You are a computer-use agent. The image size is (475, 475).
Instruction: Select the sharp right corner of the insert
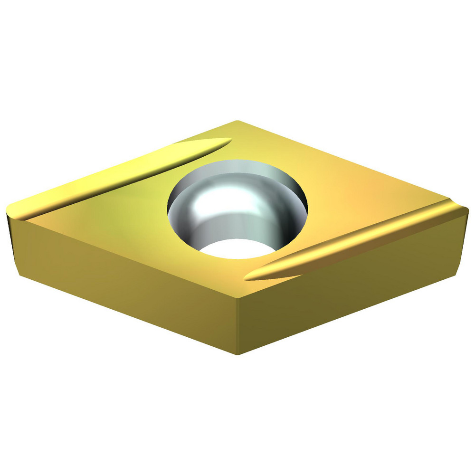pyautogui.click(x=467, y=209)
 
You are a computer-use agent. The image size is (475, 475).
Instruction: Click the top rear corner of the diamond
pyautogui.click(x=237, y=121)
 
